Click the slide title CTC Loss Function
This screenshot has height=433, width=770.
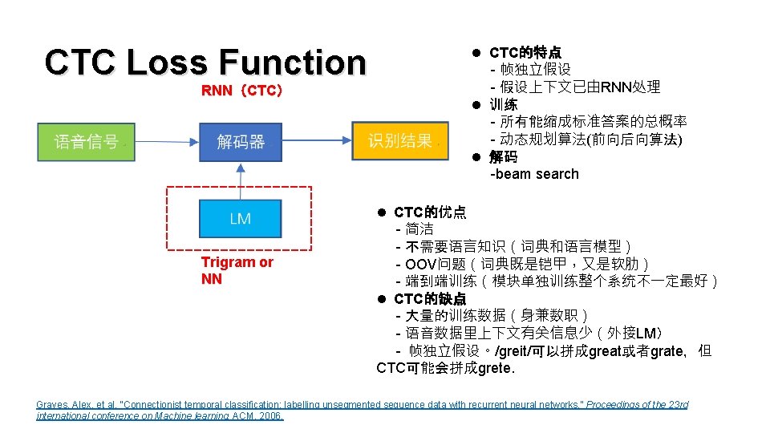(205, 62)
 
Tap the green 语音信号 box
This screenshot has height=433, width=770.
(86, 142)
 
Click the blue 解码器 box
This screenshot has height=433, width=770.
(241, 142)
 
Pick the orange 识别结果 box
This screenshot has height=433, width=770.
(399, 142)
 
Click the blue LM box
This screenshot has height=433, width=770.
(241, 218)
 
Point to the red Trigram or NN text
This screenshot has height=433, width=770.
(237, 270)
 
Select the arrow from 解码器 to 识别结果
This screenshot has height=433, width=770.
(318, 142)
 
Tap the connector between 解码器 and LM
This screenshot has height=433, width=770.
(241, 180)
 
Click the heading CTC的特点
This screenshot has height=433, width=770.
(525, 52)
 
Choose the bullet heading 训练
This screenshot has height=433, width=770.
(504, 104)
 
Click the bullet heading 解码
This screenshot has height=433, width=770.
(504, 157)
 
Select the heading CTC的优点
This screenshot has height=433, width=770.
(430, 212)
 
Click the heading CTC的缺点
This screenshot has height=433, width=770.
(430, 298)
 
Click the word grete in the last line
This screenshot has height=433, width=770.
(492, 369)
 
